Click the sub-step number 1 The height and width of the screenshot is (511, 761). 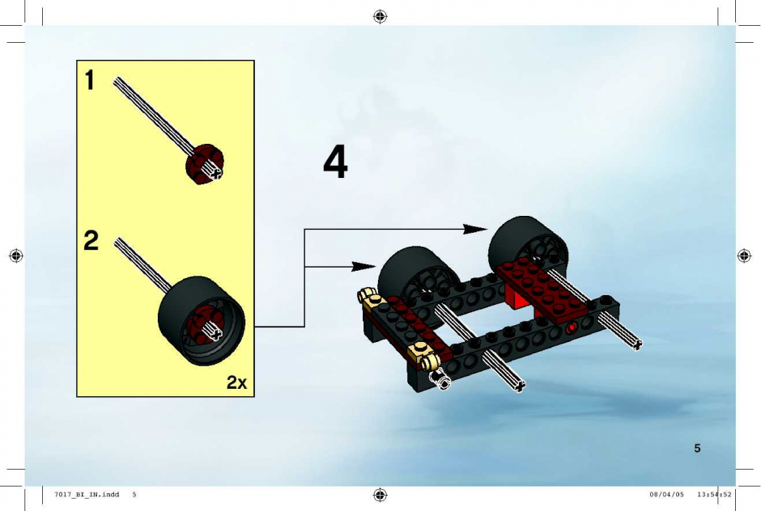pyautogui.click(x=89, y=80)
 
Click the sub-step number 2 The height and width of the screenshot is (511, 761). pyautogui.click(x=91, y=240)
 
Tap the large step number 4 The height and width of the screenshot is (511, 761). pyautogui.click(x=335, y=162)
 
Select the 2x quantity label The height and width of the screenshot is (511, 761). pyautogui.click(x=237, y=382)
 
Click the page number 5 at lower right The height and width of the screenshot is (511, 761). pyautogui.click(x=697, y=448)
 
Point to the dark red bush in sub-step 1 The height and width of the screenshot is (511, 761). pyautogui.click(x=204, y=164)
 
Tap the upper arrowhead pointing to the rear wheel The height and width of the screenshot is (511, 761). pyautogui.click(x=474, y=229)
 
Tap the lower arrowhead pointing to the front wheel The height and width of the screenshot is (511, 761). pyautogui.click(x=363, y=267)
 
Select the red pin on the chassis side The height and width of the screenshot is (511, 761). pyautogui.click(x=572, y=328)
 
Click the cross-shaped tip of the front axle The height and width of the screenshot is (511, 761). pyautogui.click(x=519, y=386)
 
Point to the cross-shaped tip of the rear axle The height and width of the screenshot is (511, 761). pyautogui.click(x=637, y=344)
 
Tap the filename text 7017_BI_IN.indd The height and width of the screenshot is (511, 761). pyautogui.click(x=87, y=495)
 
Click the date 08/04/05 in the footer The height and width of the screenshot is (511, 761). pyautogui.click(x=666, y=495)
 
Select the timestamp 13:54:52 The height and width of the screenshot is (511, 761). pyautogui.click(x=714, y=495)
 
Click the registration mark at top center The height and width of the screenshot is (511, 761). pyautogui.click(x=380, y=17)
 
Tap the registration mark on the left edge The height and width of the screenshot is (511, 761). pyautogui.click(x=16, y=255)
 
